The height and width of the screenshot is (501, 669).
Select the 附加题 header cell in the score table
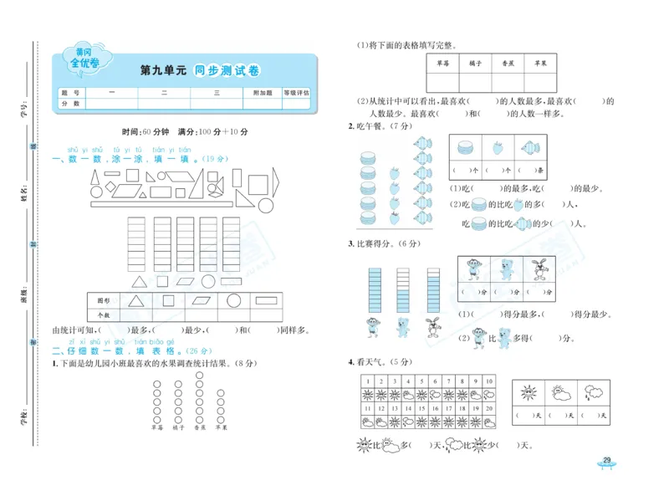263,93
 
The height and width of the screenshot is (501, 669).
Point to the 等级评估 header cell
296,93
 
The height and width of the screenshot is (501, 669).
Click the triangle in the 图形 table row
135,301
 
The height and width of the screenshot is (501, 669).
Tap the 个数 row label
104,315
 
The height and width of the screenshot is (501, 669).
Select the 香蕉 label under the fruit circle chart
199,427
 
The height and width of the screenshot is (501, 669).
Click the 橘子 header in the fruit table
475,64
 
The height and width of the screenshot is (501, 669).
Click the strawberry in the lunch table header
498,147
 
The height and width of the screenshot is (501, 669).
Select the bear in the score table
505,269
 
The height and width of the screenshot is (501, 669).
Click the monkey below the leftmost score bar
374,327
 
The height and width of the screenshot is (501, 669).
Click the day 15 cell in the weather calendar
421,407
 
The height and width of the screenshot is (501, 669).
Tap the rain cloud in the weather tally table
591,392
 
